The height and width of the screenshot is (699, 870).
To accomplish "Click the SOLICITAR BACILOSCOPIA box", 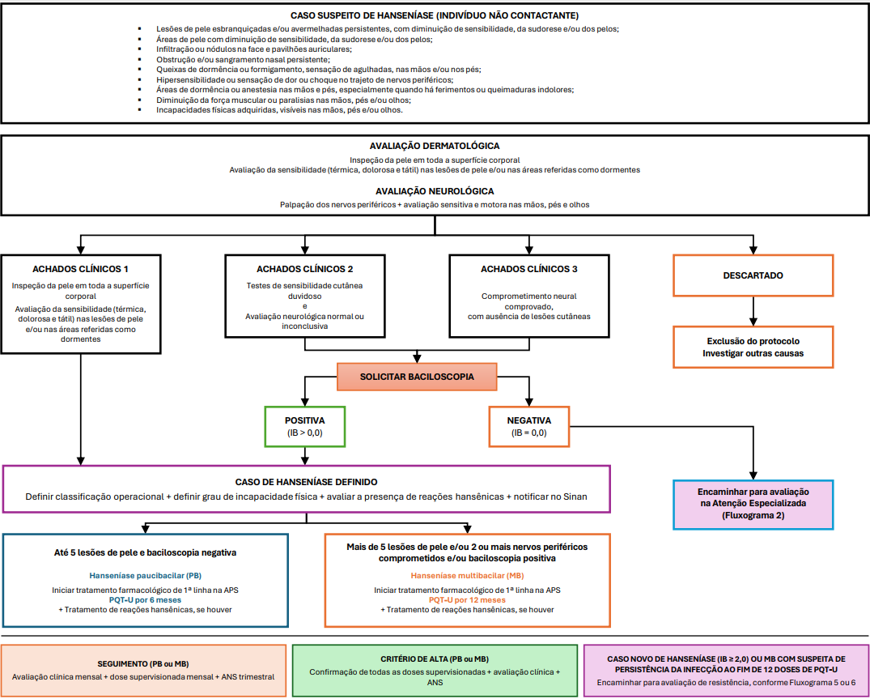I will [417, 377].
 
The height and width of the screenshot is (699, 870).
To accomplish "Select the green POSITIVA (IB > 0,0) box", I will [304, 426].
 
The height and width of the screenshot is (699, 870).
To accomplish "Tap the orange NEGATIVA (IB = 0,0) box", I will [528, 426].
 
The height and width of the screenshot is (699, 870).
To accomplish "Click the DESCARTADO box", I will [753, 275].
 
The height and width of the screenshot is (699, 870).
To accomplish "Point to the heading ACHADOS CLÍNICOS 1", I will [80, 269].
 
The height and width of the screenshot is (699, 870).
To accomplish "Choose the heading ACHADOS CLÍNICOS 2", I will [304, 269].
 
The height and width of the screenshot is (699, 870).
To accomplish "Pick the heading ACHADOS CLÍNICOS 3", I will [528, 269].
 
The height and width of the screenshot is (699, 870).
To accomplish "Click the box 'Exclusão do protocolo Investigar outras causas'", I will [753, 347].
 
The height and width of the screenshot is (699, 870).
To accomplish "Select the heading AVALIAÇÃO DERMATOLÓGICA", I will [435, 146].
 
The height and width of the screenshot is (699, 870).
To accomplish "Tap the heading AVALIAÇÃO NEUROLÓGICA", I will [435, 191].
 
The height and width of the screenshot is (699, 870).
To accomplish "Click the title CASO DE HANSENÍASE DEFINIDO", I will [306, 482].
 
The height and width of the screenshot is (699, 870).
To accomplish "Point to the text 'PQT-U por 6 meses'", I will [145, 599].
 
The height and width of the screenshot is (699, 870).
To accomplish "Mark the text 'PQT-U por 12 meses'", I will [467, 600].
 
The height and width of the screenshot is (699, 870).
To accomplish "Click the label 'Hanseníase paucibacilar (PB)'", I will [145, 576].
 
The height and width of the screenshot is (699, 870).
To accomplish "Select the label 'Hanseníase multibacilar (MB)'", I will [467, 576].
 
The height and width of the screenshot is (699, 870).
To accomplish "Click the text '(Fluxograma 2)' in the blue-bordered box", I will [753, 515].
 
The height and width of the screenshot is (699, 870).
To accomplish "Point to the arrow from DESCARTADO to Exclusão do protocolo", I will [753, 310].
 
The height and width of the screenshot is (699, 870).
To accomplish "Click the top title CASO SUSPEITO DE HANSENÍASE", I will [435, 15].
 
